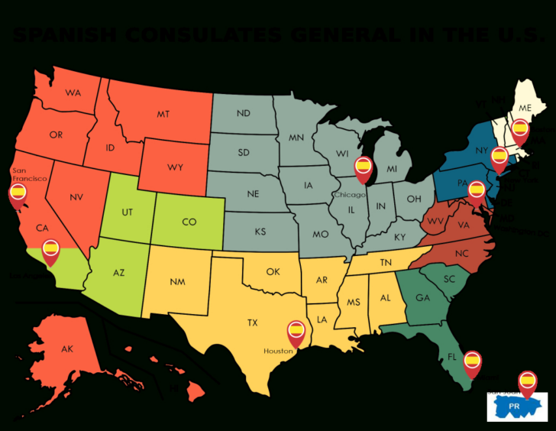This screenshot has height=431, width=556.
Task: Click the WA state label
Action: click(73, 93)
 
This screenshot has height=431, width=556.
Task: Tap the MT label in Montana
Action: click(163, 114)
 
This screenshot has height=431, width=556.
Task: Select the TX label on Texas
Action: click(252, 323)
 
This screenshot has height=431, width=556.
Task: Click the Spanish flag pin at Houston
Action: click(296, 332)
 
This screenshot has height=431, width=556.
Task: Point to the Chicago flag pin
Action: click(364, 166)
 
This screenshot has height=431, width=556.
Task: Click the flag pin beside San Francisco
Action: click(18, 193)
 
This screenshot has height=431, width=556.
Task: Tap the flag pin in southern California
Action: click(50, 248)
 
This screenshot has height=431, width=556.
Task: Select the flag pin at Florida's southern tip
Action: click(472, 360)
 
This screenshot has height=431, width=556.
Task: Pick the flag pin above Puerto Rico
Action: click(527, 381)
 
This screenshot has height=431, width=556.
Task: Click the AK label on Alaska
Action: click(67, 349)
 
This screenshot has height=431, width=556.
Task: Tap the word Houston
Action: click(279, 351)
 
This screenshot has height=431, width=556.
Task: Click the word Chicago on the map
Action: click(349, 195)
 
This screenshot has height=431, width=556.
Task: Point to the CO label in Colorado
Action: click(189, 222)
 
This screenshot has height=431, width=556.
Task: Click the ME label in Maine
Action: click(525, 109)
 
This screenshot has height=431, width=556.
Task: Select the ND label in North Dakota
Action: click(244, 114)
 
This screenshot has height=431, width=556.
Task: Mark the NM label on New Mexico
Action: click(177, 282)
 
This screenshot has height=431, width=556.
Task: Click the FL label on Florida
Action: click(452, 357)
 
